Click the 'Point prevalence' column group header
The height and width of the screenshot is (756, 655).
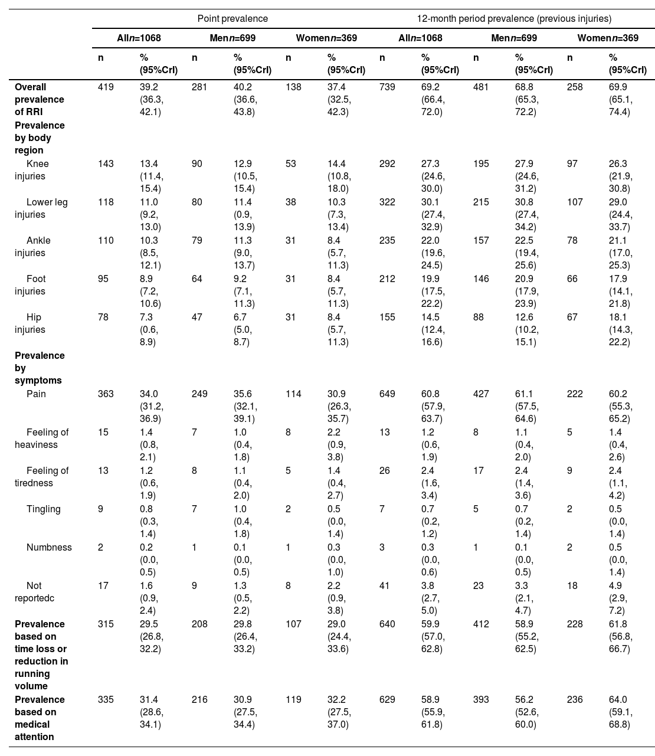232,18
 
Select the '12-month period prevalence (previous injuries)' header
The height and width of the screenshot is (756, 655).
514,18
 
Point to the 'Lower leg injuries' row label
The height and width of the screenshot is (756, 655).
41,208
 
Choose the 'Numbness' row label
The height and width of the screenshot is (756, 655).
49,547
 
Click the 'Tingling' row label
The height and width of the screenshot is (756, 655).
43,509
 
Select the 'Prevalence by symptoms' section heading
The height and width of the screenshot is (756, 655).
40,368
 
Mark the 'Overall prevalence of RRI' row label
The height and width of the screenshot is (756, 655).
40,99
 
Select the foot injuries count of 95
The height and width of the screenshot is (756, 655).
103,279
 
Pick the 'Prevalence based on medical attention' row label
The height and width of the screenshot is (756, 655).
40,718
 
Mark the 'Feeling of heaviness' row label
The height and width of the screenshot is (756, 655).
41,438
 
